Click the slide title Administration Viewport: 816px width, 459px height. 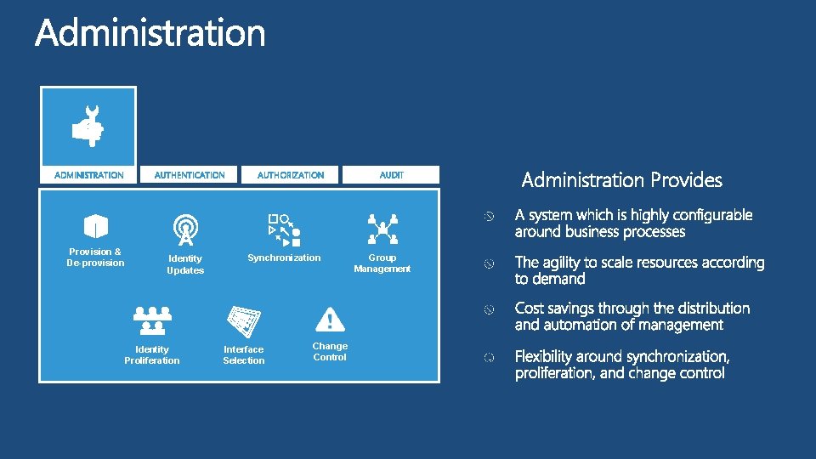[x=150, y=34]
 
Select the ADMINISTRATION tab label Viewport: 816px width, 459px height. [x=89, y=175]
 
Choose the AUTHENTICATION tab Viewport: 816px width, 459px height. [x=190, y=175]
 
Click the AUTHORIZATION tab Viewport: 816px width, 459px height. [x=291, y=175]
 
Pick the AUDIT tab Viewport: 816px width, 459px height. [x=391, y=175]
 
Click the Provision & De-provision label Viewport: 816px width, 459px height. [x=95, y=258]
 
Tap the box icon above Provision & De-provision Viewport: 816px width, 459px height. [x=95, y=226]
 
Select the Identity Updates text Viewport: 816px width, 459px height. [x=185, y=264]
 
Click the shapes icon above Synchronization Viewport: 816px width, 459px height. [x=284, y=225]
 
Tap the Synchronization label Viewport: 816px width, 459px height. [x=284, y=258]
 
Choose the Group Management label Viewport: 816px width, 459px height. [x=382, y=263]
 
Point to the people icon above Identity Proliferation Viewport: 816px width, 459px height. [x=152, y=320]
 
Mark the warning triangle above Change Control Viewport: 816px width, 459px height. [x=330, y=320]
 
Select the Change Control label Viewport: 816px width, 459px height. [x=330, y=352]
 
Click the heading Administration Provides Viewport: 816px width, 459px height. [x=621, y=180]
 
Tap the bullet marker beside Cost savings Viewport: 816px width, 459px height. [x=489, y=310]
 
